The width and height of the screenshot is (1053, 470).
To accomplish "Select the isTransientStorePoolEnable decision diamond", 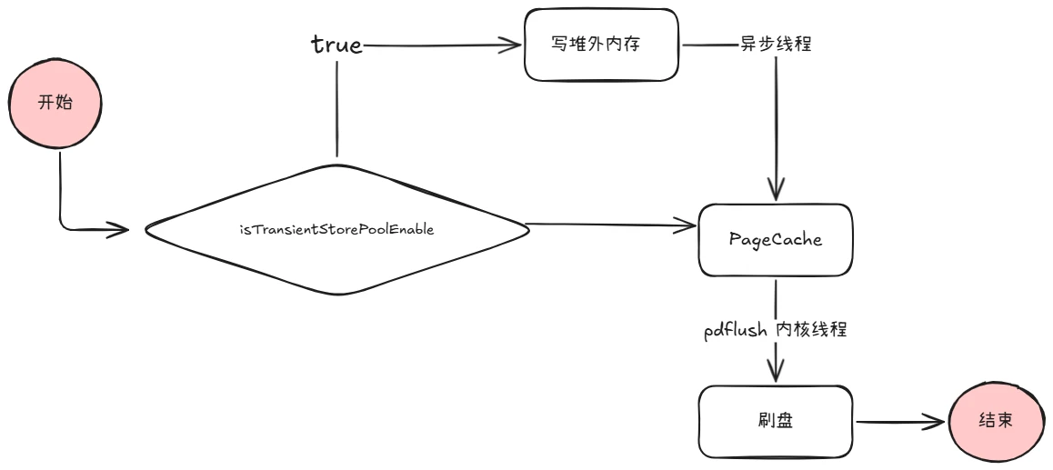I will point(336,229).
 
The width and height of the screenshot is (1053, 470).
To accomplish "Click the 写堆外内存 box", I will point(603,44).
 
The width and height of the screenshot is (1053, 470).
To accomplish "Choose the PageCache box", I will point(775,239).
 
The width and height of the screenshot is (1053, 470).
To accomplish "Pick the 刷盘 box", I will point(775,422).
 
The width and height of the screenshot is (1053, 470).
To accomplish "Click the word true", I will point(336,45).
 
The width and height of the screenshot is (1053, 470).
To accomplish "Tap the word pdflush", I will point(735,330).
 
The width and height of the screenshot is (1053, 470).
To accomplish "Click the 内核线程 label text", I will point(811,330).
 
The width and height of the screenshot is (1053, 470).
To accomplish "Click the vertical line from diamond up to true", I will point(336,109).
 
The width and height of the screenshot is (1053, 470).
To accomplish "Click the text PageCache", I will point(775,239).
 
